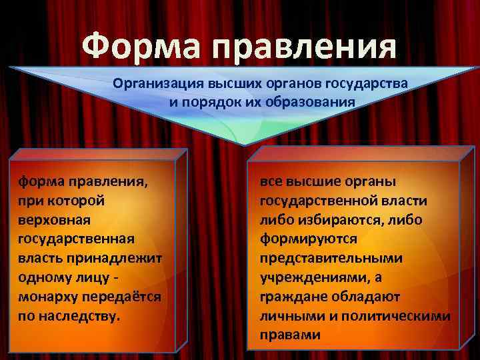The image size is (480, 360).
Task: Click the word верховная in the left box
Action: pos(54,219)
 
